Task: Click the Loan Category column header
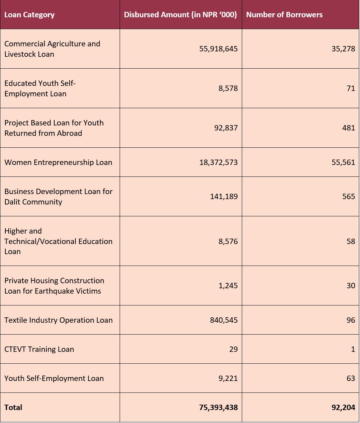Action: pyautogui.click(x=29, y=15)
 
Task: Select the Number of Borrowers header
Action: pyautogui.click(x=284, y=15)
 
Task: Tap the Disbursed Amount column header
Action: pyautogui.click(x=180, y=15)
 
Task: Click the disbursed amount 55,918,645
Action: pyautogui.click(x=218, y=49)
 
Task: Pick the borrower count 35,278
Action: pyautogui.click(x=343, y=49)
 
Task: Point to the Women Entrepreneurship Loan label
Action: pyautogui.click(x=58, y=162)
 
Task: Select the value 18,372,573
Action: pyautogui.click(x=218, y=162)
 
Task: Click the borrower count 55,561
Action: pyautogui.click(x=343, y=162)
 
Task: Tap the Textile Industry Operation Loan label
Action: pyautogui.click(x=59, y=320)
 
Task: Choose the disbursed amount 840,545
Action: pyautogui.click(x=224, y=320)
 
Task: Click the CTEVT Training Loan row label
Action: pyautogui.click(x=39, y=349)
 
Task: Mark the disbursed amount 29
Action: pyautogui.click(x=233, y=349)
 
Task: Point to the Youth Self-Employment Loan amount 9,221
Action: pyautogui.click(x=228, y=378)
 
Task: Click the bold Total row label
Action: pyautogui.click(x=13, y=407)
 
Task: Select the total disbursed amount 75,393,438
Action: pyautogui.click(x=218, y=407)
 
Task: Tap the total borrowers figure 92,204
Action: pyautogui.click(x=343, y=407)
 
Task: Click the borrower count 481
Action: pyautogui.click(x=349, y=128)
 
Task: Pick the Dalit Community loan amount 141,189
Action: pyautogui.click(x=224, y=196)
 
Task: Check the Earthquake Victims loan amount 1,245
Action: pyautogui.click(x=228, y=286)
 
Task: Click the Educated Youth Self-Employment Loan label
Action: pyautogui.click(x=40, y=88)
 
